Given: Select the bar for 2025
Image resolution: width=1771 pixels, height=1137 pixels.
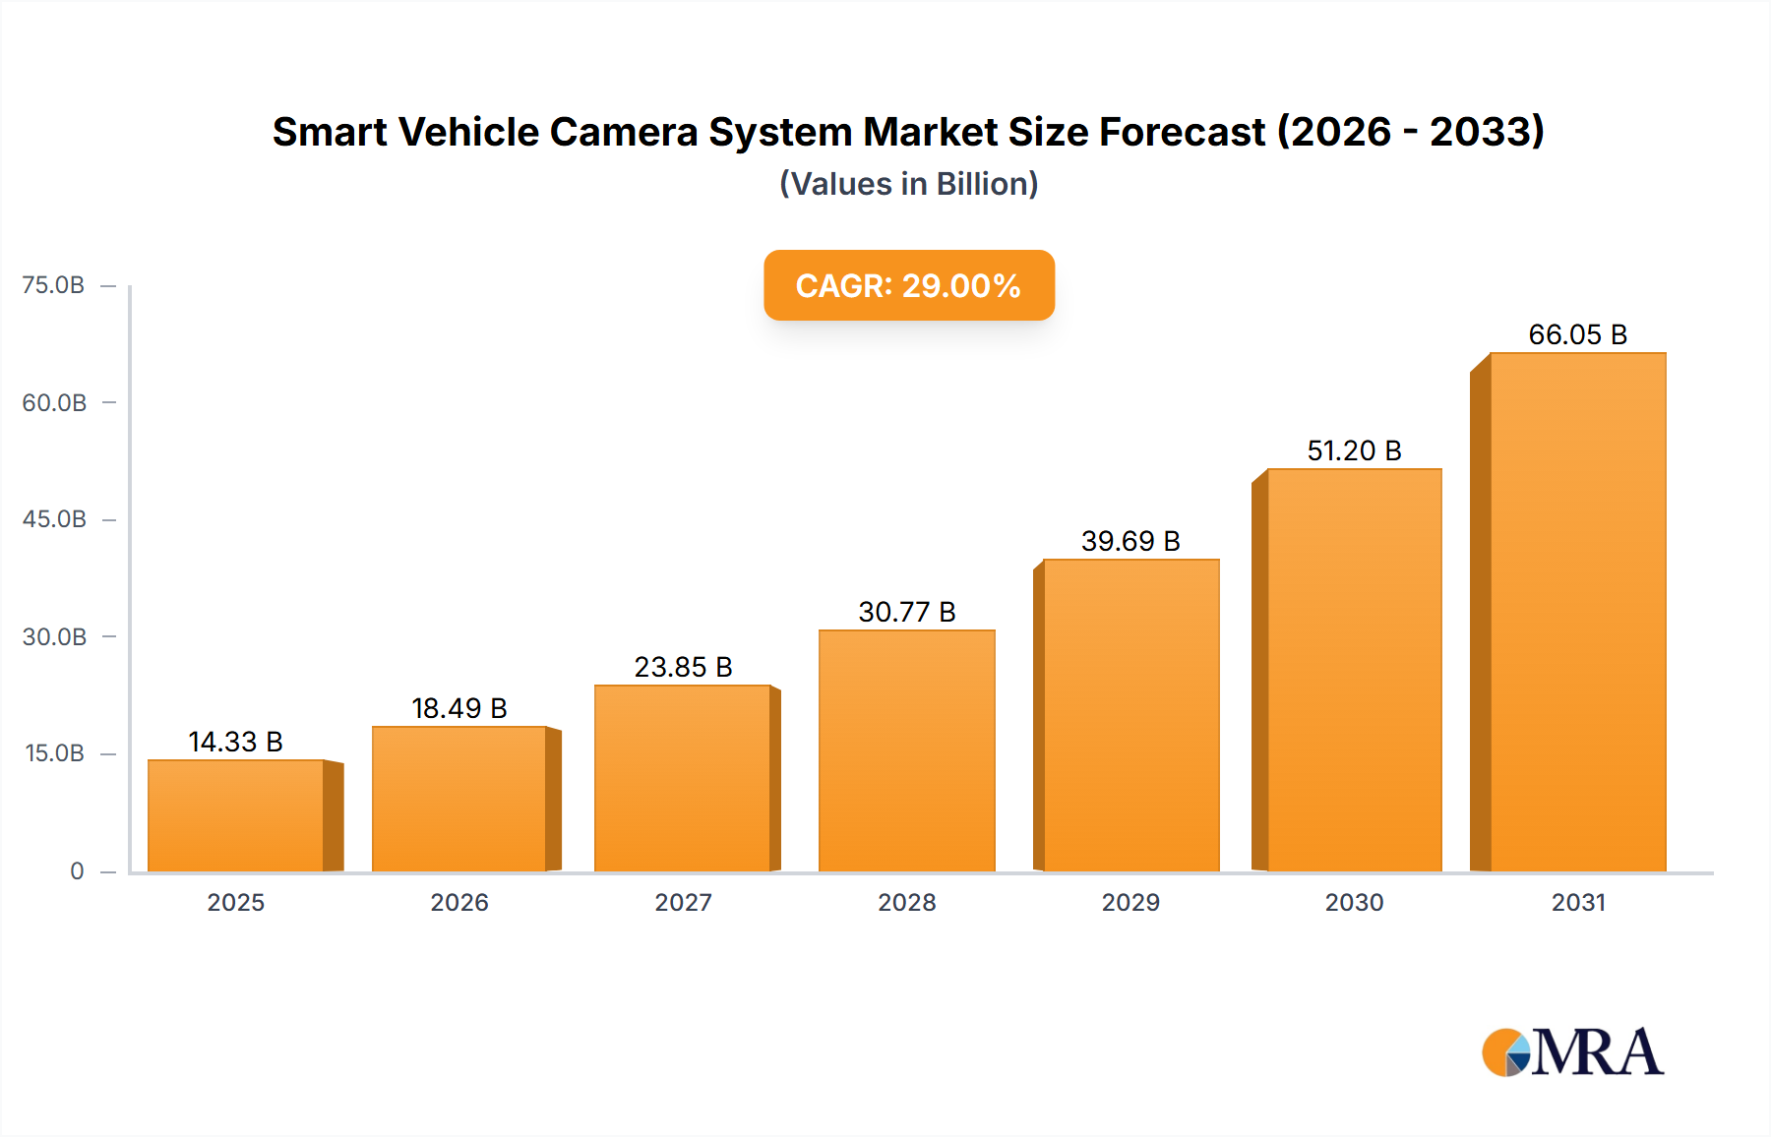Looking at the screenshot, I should coord(236,815).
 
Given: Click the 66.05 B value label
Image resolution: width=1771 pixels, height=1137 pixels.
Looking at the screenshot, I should coord(1577,334).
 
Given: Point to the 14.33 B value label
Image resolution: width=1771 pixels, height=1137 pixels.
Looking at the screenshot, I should coord(235,742).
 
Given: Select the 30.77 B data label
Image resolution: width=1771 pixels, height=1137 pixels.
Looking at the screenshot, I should coord(906,612).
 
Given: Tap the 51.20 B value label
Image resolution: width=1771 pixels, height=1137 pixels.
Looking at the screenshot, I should coord(1354,450).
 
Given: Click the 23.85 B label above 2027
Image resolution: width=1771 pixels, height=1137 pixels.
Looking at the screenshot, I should coord(683,667).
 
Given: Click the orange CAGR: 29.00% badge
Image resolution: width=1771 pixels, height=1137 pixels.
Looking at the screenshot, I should coord(908,285).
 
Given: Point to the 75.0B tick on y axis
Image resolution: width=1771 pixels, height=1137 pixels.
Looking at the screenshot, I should coord(53,285).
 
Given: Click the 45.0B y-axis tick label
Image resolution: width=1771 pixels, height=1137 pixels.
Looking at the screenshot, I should coord(54,519).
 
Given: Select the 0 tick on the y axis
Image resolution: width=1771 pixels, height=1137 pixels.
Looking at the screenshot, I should coord(77,870).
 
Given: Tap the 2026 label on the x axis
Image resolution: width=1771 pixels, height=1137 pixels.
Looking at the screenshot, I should coord(459,902).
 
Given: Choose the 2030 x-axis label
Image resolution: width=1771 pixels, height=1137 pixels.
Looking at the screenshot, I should coord(1354,902).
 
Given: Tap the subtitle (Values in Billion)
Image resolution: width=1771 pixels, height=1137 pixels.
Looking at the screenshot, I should coord(908,184).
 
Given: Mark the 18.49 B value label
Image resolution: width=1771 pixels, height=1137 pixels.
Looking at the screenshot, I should coord(458,708).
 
